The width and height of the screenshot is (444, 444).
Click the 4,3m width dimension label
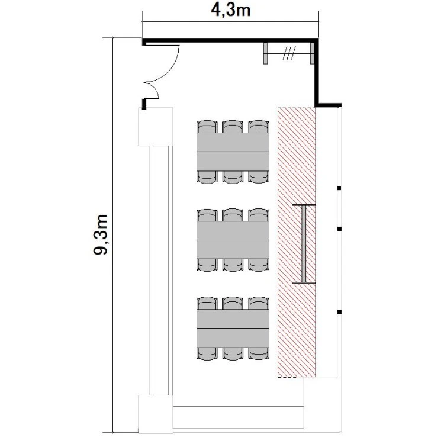pos(230,11)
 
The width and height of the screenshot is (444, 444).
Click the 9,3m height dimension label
pos(101,235)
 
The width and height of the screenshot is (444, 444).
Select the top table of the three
pos(233,152)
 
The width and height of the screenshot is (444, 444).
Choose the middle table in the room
pos(233,240)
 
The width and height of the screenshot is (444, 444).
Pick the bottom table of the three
pos(233,329)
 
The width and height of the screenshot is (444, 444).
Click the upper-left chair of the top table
pos(207,127)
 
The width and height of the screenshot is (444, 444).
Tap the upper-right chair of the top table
pos(259,127)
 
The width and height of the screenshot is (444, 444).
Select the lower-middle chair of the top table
pos(233,177)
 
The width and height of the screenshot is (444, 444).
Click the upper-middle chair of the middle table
pos(233,215)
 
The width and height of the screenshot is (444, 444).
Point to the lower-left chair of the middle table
pos(207,265)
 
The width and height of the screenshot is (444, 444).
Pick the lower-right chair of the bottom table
pos(259,353)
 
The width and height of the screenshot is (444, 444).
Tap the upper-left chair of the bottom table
pos(207,303)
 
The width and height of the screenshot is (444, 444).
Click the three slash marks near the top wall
pos(289,53)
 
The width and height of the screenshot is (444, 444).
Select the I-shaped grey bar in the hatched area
pos(304,243)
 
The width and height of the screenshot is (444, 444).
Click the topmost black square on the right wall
pos(339,188)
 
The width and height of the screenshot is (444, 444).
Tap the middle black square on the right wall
pos(339,229)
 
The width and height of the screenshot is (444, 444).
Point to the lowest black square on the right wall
pos(339,312)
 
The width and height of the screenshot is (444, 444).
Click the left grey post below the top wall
pos(265,53)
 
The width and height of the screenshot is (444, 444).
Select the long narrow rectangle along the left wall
pos(160,271)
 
